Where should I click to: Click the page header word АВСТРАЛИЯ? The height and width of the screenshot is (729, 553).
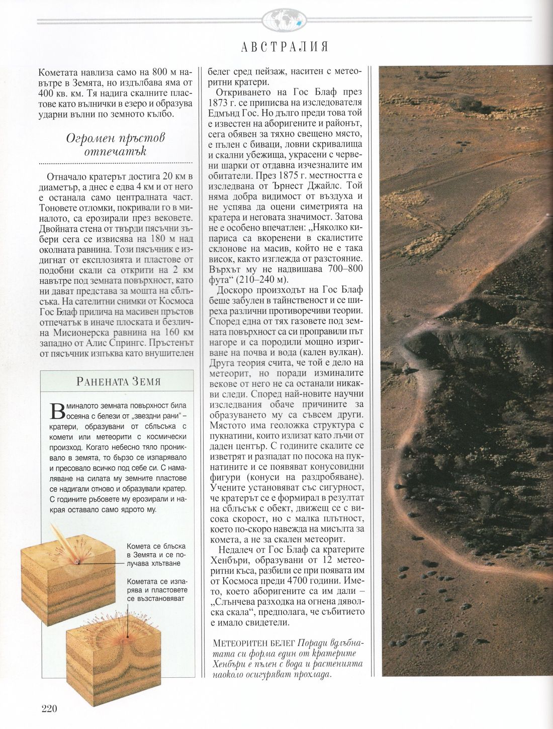point(285,47)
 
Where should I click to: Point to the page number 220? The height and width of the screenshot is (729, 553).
point(50,709)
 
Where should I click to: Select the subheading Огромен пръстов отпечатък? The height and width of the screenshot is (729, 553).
point(116,144)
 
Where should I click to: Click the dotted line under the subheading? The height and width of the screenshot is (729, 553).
point(116,163)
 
